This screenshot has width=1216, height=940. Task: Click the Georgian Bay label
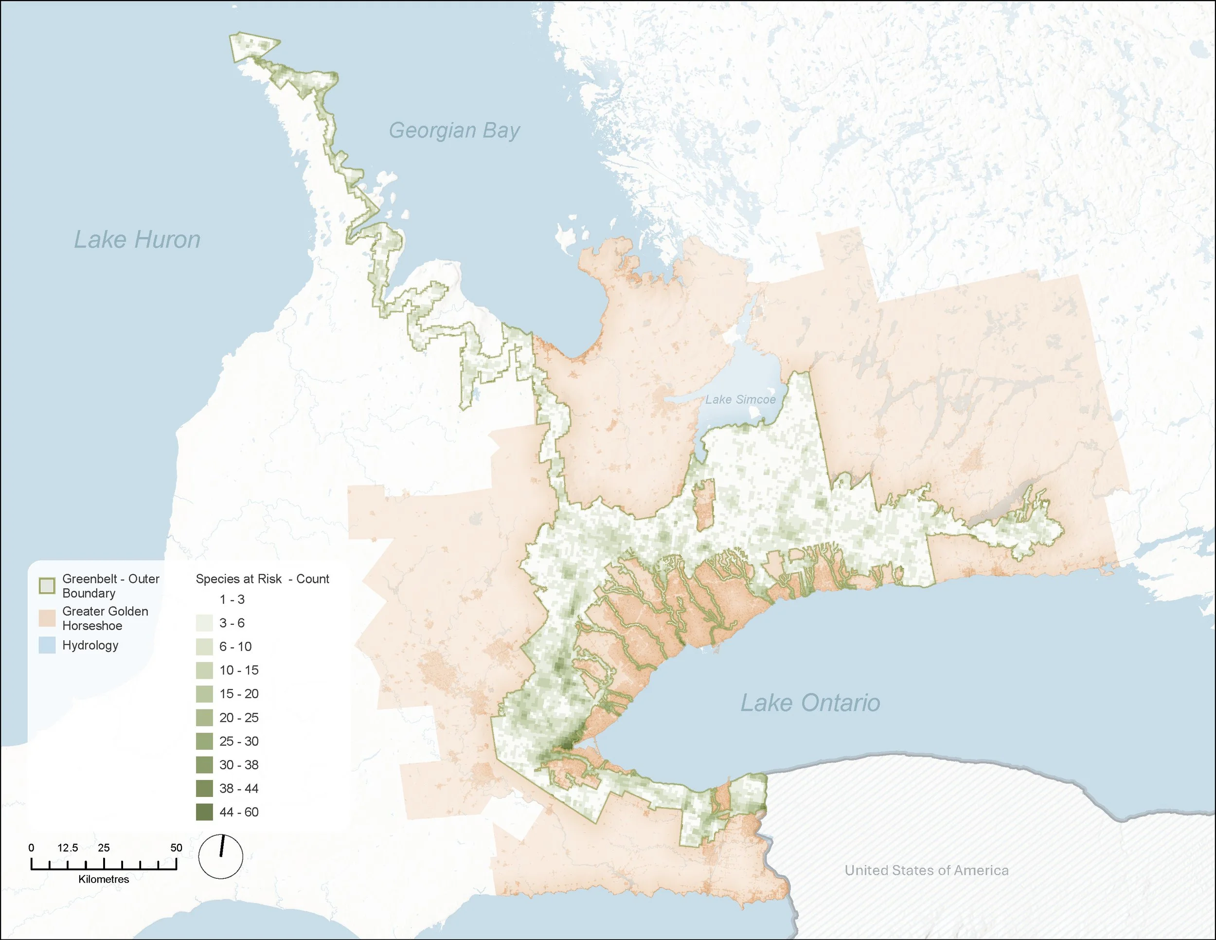454,130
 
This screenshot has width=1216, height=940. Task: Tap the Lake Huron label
137,239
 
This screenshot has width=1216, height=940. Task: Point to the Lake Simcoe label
740,399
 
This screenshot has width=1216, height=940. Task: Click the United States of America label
926,870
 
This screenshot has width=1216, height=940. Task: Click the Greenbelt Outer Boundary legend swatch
47,586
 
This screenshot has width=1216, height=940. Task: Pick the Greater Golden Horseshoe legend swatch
47,618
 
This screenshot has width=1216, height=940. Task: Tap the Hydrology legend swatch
47,646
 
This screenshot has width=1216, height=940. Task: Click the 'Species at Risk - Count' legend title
262,578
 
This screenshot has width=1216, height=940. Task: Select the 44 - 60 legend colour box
204,812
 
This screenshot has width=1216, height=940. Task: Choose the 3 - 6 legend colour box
204,623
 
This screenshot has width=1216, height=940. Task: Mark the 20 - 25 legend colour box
204,718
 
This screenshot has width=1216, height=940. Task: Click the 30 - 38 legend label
239,764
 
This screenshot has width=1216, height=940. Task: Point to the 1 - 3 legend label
232,599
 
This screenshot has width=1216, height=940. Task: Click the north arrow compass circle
220,856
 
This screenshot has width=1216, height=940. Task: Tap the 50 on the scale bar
176,848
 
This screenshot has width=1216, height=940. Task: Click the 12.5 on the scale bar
68,848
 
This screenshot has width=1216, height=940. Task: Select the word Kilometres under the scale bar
104,879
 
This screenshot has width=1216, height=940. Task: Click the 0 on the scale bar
31,848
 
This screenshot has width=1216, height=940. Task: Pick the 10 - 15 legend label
239,670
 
